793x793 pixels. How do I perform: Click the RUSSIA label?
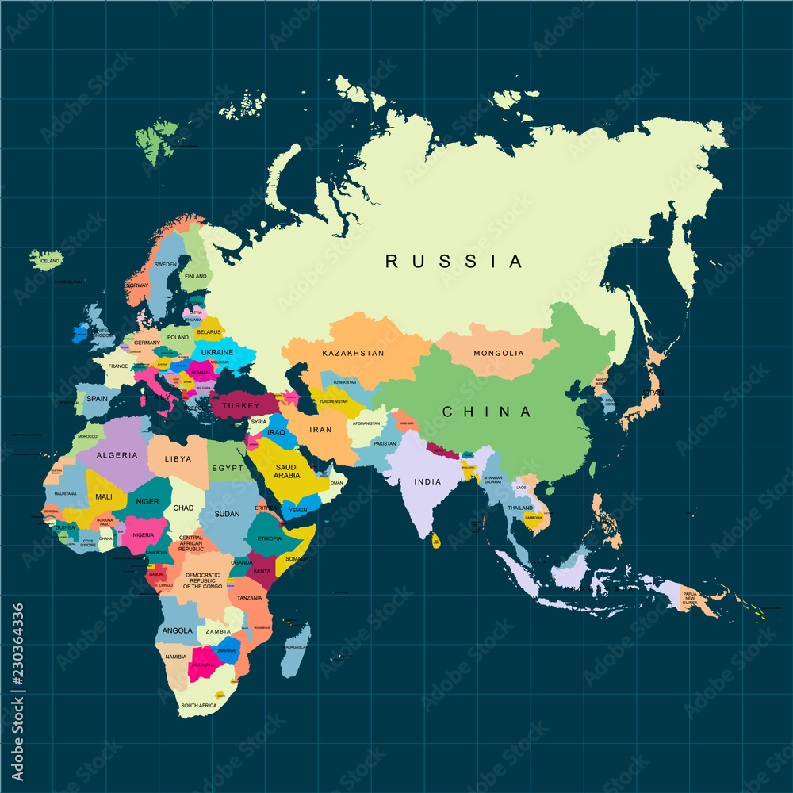[454, 261]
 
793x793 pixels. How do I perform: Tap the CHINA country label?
[487, 412]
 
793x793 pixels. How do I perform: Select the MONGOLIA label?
[499, 353]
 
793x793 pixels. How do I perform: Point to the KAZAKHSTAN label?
[353, 353]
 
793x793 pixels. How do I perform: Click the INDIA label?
[427, 481]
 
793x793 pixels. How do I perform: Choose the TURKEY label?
[241, 405]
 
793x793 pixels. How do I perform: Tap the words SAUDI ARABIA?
[287, 472]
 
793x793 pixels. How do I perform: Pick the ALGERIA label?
[117, 456]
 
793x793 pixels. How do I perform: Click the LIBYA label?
[178, 459]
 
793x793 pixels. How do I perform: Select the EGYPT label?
[227, 468]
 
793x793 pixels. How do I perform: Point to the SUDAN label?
[227, 514]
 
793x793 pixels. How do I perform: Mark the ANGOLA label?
[177, 630]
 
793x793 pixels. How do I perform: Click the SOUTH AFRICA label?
[198, 705]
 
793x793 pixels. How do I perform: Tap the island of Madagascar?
[296, 650]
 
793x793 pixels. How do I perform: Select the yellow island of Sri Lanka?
[436, 542]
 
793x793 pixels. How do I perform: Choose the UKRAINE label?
[217, 352]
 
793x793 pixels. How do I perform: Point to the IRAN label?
[320, 430]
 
